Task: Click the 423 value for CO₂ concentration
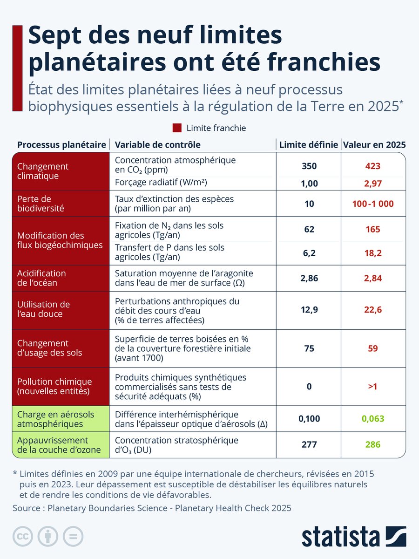pos(373,166)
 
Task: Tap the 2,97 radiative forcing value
pos(373,184)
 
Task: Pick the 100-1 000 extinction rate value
pos(373,204)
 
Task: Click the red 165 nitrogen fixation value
pos(373,229)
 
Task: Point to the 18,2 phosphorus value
pos(373,252)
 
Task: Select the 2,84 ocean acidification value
pos(373,279)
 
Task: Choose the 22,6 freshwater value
pos(373,310)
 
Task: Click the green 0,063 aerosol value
pos(373,418)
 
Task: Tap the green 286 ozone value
pos(373,444)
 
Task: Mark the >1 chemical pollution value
pos(373,387)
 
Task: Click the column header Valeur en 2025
pos(374,145)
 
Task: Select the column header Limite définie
pos(308,145)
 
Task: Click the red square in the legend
pos(177,128)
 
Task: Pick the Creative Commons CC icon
pos(23,536)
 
